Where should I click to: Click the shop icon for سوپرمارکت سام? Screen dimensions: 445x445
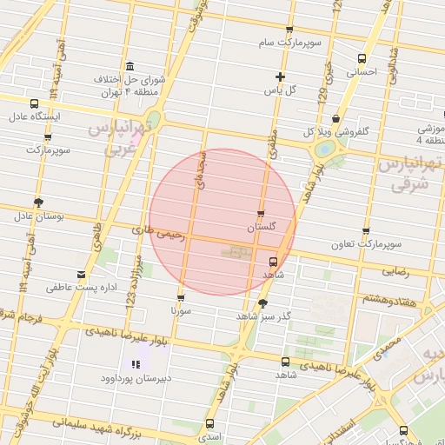click(x=289, y=30)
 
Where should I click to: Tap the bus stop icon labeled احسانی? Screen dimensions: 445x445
click(x=362, y=59)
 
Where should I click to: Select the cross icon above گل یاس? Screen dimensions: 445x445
click(x=280, y=76)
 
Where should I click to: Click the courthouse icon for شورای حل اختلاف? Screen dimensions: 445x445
click(x=130, y=67)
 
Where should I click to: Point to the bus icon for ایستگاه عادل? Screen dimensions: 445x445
click(x=34, y=103)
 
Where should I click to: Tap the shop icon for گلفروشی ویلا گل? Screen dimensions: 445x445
click(x=336, y=120)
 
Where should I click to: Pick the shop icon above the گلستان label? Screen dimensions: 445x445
click(x=262, y=213)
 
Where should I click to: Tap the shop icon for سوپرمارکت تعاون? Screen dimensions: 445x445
click(x=365, y=231)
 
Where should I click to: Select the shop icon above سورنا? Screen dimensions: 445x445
click(x=181, y=296)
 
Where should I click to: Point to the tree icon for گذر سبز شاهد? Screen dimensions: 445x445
click(x=262, y=302)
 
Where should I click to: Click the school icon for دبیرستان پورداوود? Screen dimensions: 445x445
click(x=135, y=366)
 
